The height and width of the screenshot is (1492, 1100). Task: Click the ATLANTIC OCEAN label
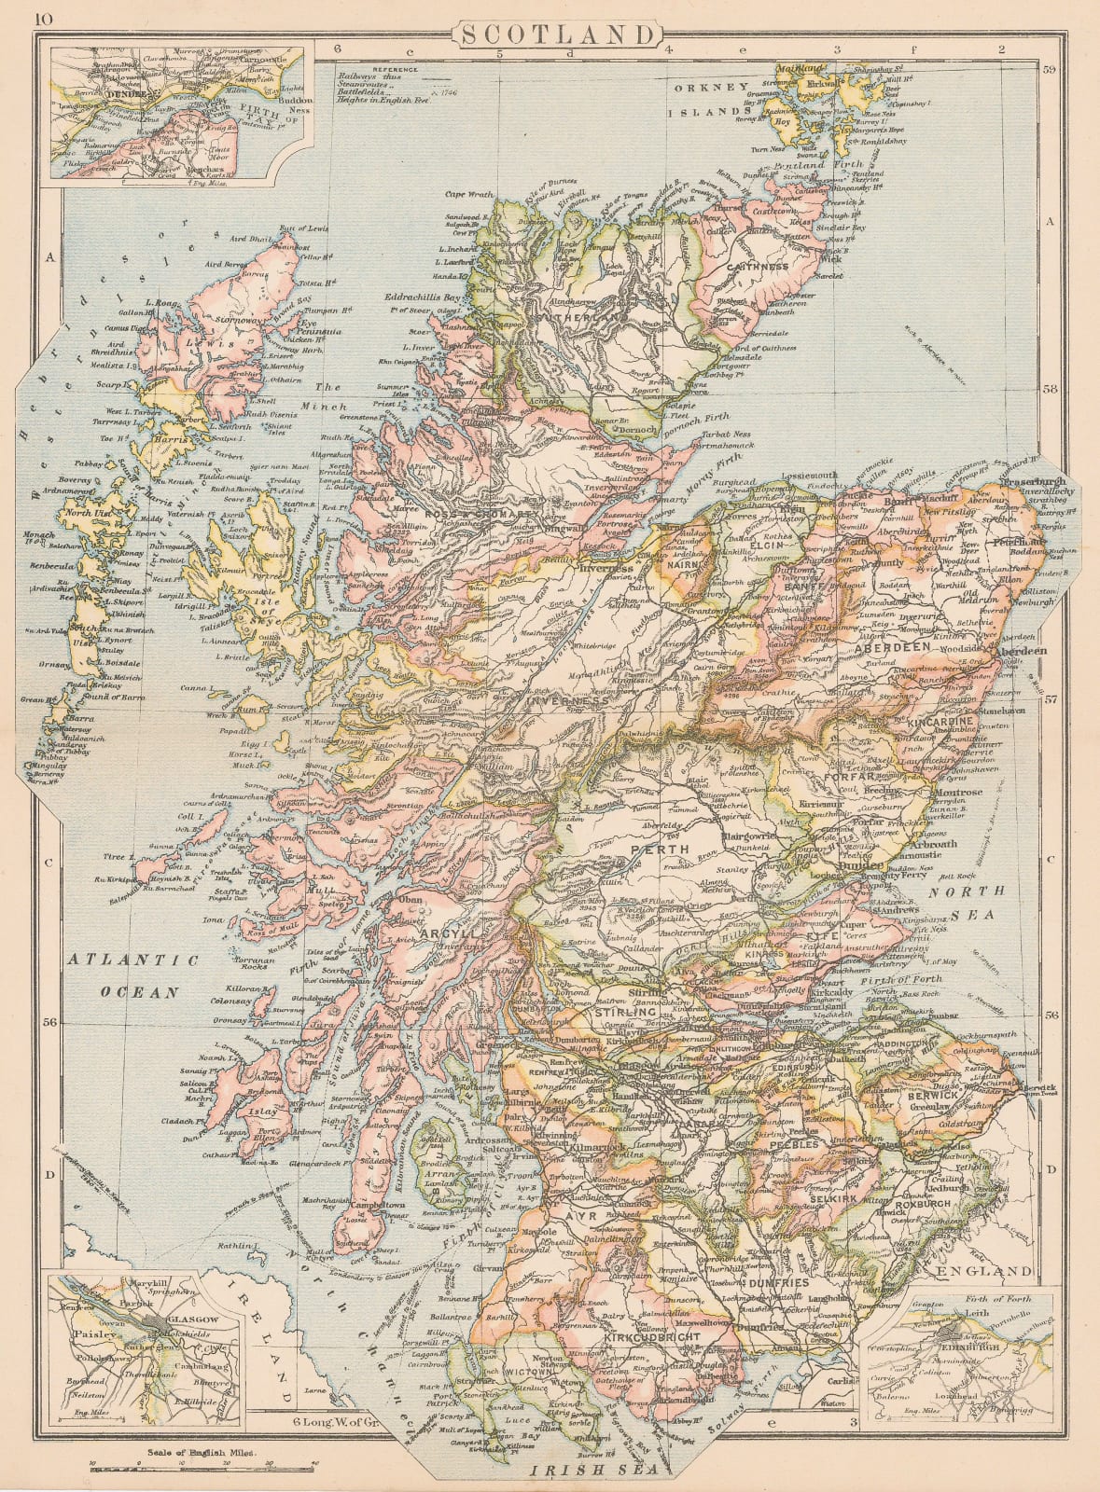133,975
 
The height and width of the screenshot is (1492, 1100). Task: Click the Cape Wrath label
468,195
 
